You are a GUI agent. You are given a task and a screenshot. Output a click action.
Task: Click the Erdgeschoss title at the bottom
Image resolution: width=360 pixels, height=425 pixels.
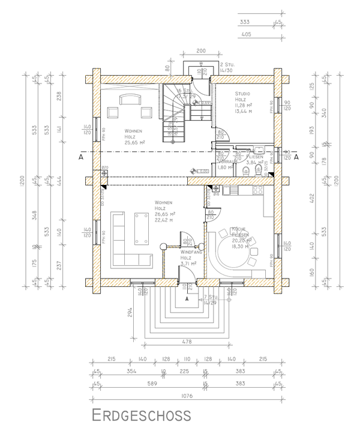[142, 415]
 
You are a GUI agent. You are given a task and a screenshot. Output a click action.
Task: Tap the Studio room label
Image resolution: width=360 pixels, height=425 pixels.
[242, 94]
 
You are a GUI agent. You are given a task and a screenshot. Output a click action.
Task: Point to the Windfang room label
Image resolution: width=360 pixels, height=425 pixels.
[190, 253]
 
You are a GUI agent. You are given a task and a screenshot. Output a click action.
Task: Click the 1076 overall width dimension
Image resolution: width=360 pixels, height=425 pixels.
[186, 396]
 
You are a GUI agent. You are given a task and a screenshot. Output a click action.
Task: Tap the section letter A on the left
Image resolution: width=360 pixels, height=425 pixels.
[80, 157]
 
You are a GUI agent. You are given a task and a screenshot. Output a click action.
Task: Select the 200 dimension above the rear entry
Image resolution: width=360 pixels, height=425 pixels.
[201, 52]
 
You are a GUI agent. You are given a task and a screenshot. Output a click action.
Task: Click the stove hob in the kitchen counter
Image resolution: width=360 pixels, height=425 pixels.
[258, 191]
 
